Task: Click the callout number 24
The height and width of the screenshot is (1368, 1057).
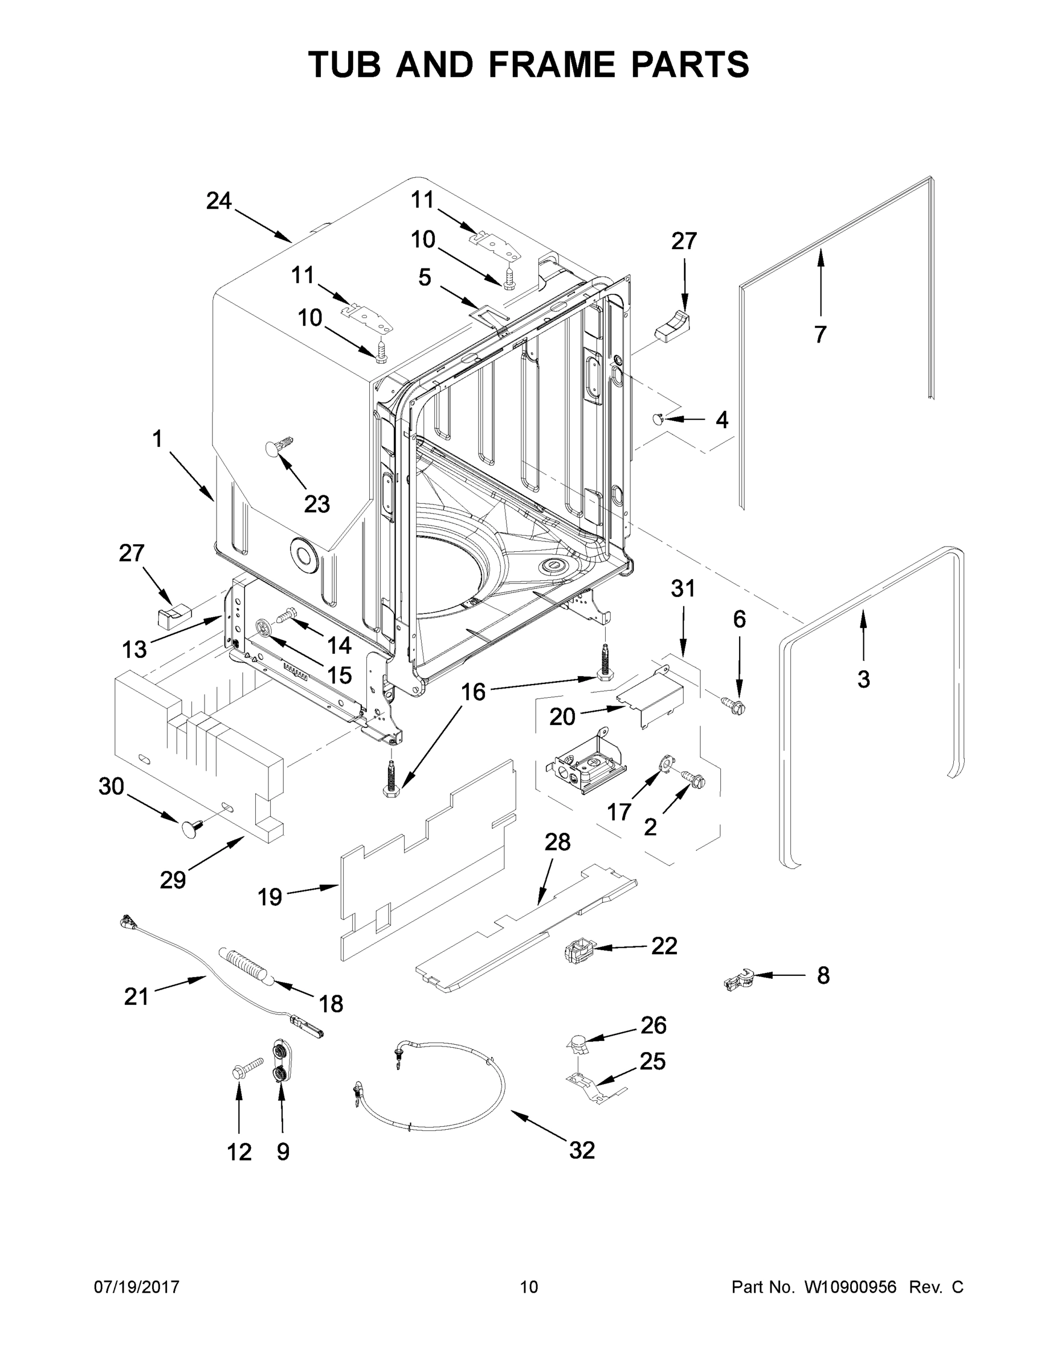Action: tap(219, 201)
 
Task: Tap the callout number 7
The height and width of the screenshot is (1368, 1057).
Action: tap(820, 335)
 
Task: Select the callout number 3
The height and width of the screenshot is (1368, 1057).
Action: tap(863, 679)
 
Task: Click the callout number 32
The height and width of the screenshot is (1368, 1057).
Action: tap(582, 1150)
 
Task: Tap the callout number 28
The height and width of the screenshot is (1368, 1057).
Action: tap(557, 842)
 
